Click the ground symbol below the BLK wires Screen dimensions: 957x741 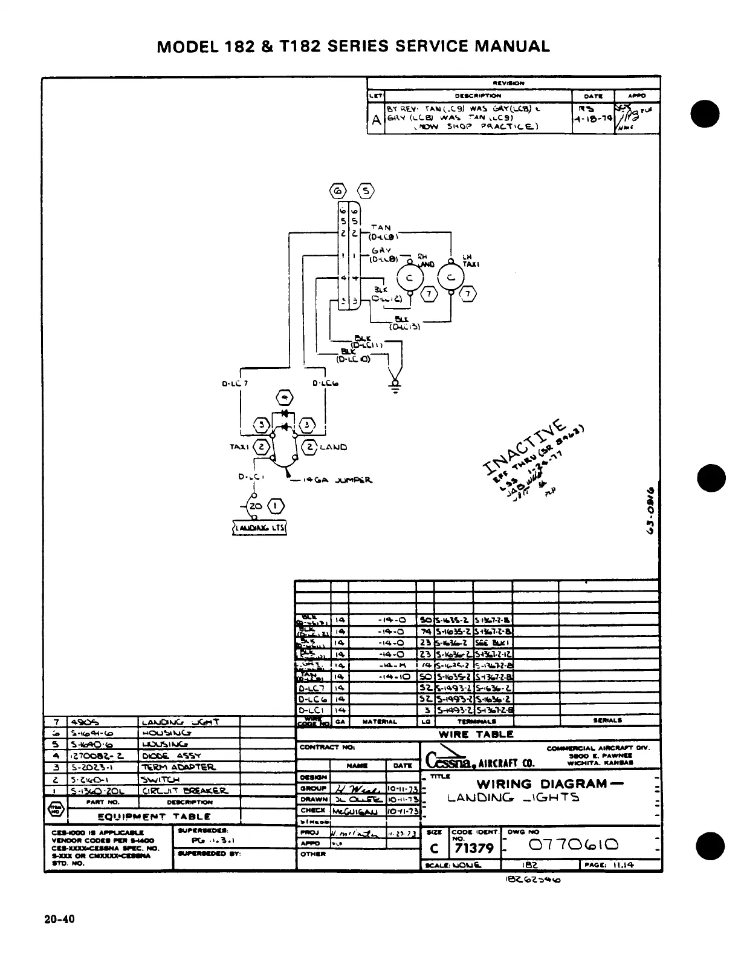[x=396, y=386]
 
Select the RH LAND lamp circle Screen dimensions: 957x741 [x=409, y=278]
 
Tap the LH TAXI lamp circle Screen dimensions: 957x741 [x=450, y=278]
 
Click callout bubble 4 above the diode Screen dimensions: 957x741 [x=284, y=397]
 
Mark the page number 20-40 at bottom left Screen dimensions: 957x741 [x=59, y=919]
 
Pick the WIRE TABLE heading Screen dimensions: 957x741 [x=476, y=734]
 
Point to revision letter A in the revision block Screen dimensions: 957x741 [x=376, y=119]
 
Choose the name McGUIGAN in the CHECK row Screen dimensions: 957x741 [x=357, y=811]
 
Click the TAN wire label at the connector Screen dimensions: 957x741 [x=381, y=227]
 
